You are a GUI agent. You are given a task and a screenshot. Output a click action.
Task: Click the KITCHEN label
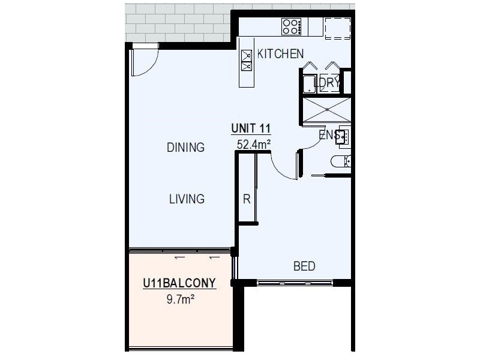click(x=280, y=54)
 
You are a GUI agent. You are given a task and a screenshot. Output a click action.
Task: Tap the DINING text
click(x=185, y=147)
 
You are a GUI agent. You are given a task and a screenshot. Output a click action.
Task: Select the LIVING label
click(x=186, y=199)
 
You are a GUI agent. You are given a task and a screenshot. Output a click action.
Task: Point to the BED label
click(x=304, y=266)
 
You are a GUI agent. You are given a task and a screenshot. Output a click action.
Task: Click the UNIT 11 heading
click(x=251, y=128)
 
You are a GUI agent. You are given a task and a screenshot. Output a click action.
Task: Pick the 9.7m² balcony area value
click(x=180, y=297)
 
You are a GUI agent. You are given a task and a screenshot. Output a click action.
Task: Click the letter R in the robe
click(x=246, y=199)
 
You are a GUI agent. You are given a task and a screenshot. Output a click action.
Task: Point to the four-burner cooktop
click(x=292, y=26)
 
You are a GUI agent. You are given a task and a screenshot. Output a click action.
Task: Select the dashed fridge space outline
click(x=337, y=28)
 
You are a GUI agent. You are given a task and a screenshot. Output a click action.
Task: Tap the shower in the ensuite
click(x=326, y=110)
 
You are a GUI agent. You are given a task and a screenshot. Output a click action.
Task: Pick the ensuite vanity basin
click(x=343, y=136)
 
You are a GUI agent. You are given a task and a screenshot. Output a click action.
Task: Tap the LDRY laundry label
click(x=328, y=83)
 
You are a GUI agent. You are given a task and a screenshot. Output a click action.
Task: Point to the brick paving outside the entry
click(x=180, y=23)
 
